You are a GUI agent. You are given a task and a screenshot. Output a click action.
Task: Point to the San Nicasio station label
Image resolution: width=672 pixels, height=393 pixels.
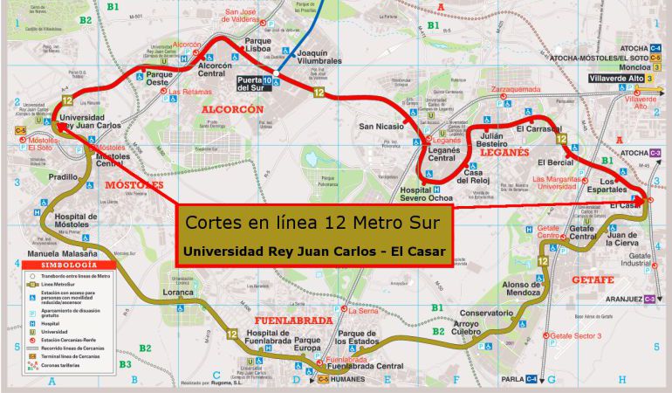pos(381,127)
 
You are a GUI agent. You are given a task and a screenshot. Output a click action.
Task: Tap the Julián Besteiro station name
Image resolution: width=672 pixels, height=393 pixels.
pos(494,140)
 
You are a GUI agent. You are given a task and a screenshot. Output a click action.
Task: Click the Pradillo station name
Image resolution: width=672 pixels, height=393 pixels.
pos(64,176)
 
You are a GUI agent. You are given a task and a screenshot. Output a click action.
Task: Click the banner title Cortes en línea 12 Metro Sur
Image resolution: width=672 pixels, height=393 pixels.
pos(315,223)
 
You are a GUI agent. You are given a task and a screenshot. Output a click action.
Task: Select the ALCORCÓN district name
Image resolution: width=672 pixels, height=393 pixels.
pos(231,109)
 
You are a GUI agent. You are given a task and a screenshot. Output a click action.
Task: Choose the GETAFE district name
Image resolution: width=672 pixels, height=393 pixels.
pos(593,279)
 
